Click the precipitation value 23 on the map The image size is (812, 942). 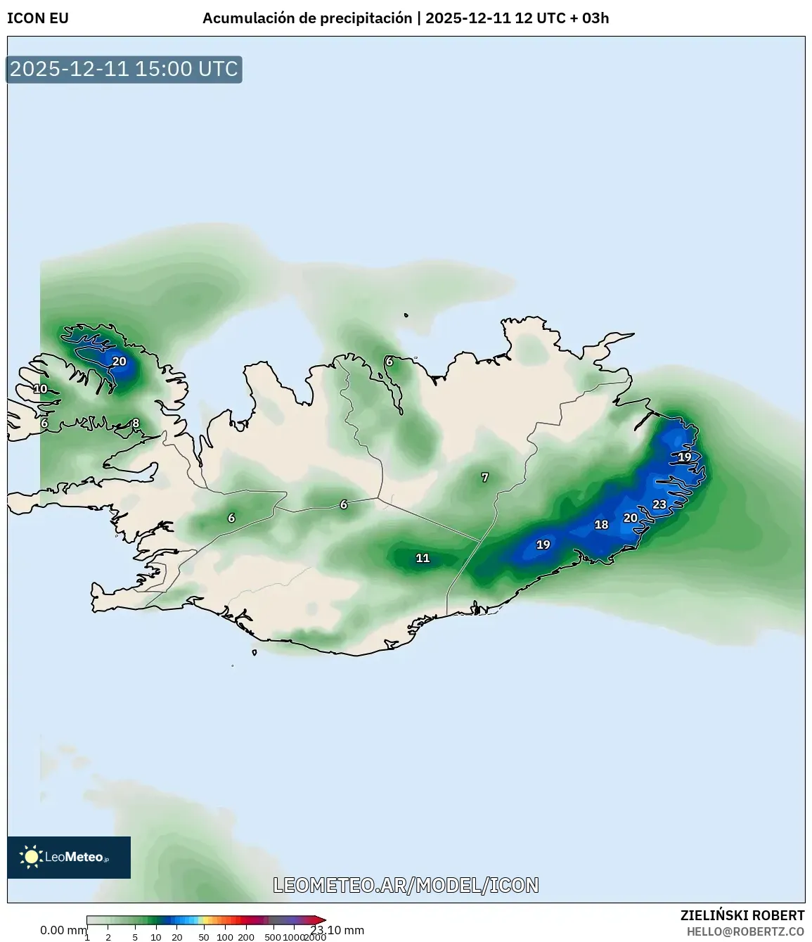pyautogui.click(x=659, y=504)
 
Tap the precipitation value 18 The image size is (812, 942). pyautogui.click(x=601, y=525)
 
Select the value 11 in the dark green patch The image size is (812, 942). pyautogui.click(x=423, y=558)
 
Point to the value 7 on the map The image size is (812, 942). pyautogui.click(x=484, y=478)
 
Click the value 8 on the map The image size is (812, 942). pyautogui.click(x=136, y=424)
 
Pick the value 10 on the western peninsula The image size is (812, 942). pyautogui.click(x=41, y=389)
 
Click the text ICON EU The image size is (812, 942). pyautogui.click(x=38, y=18)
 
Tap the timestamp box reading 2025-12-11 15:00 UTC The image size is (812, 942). pyautogui.click(x=124, y=69)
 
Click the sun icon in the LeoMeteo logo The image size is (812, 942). pyautogui.click(x=31, y=857)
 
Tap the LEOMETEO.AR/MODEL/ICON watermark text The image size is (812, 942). pyautogui.click(x=406, y=885)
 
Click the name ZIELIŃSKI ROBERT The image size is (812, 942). pyautogui.click(x=742, y=915)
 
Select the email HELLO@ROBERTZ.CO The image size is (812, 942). pyautogui.click(x=745, y=931)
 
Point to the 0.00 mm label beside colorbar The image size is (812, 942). pyautogui.click(x=63, y=930)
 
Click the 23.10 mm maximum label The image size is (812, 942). pyautogui.click(x=338, y=930)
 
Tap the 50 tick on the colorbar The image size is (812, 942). pyautogui.click(x=204, y=937)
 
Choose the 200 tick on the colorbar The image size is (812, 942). pyautogui.click(x=246, y=937)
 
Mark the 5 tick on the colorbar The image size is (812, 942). pyautogui.click(x=135, y=937)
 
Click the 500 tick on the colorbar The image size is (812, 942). pyautogui.click(x=272, y=937)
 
